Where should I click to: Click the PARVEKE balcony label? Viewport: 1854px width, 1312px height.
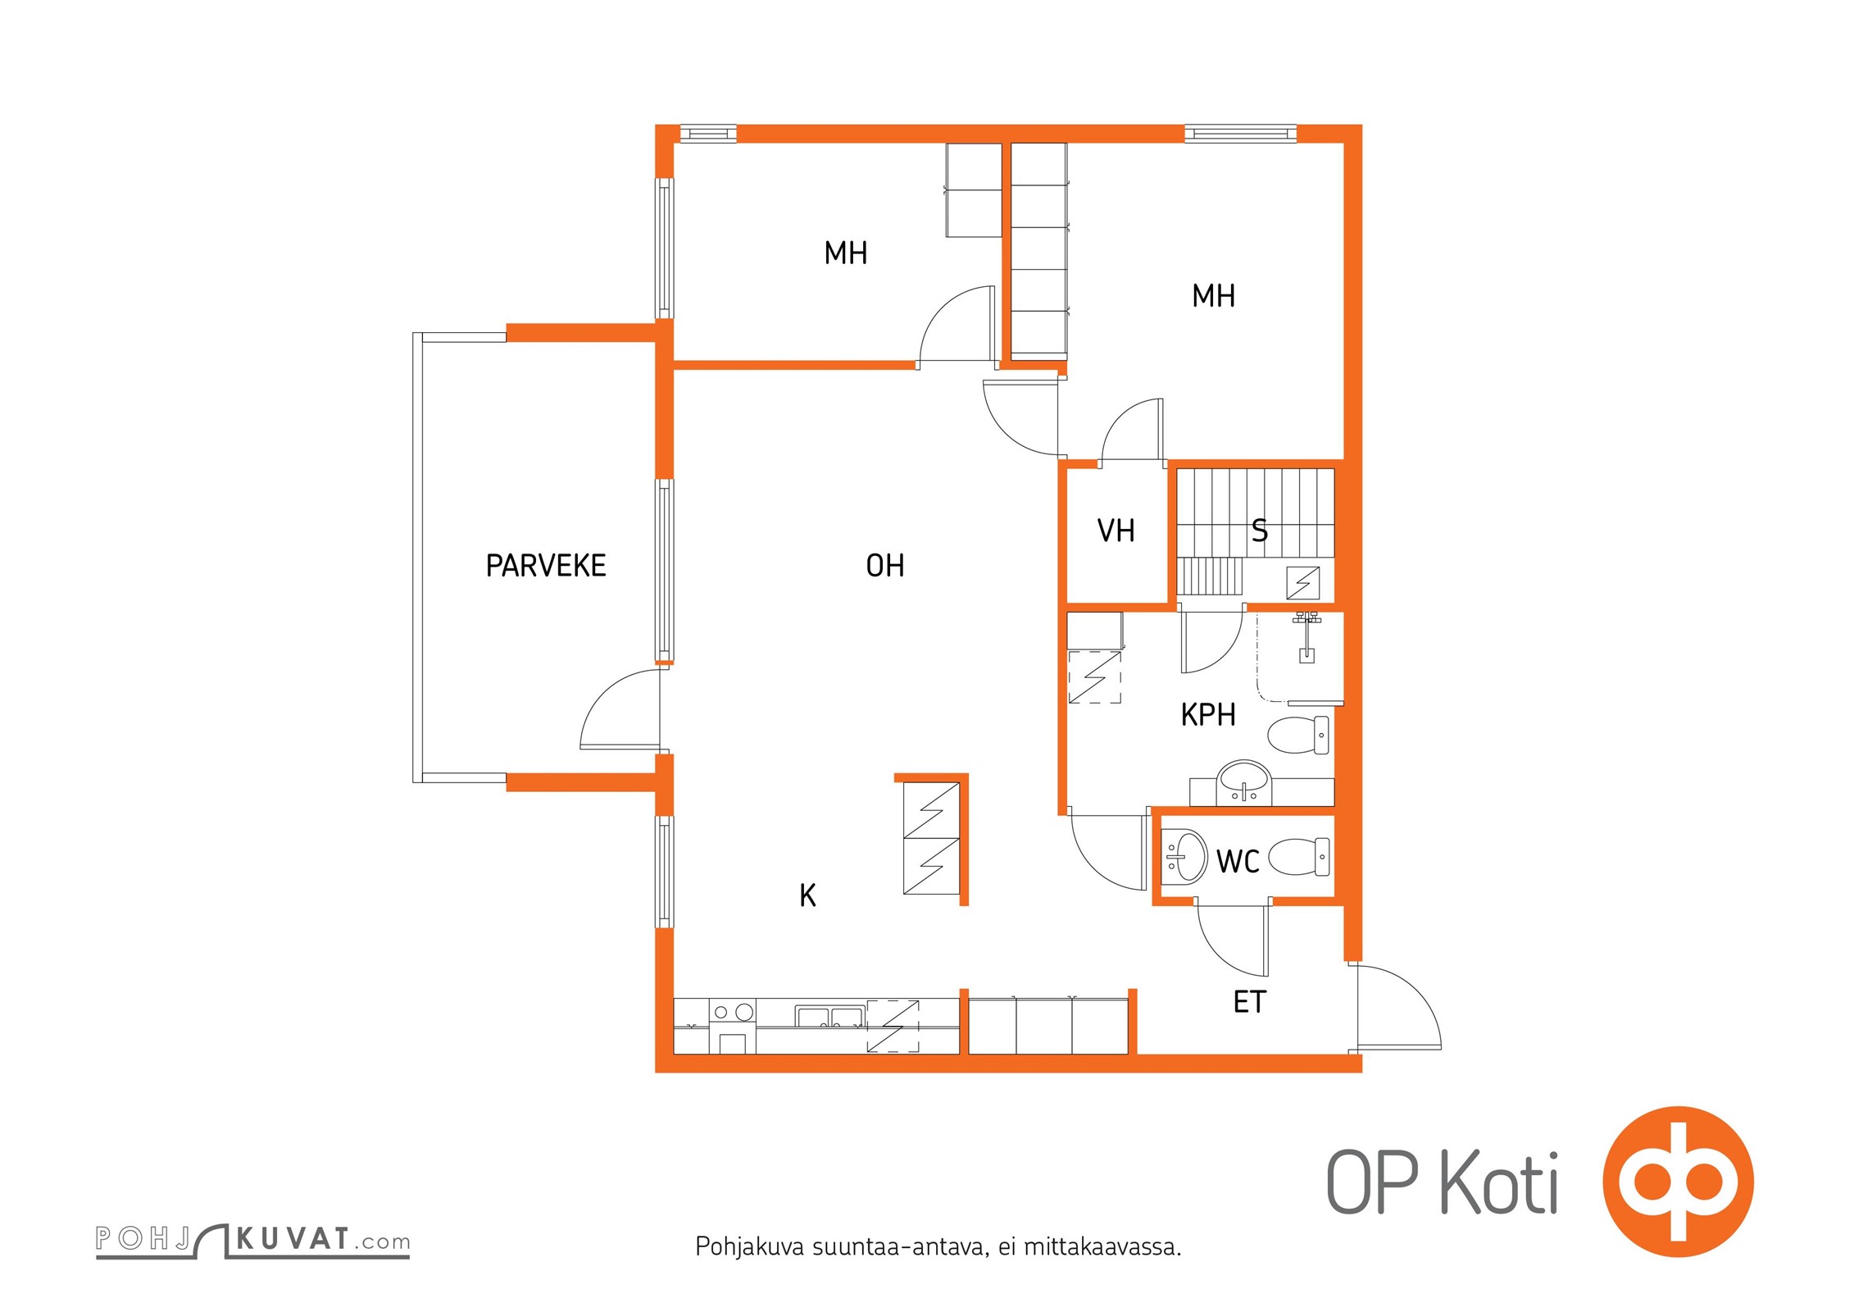point(546,566)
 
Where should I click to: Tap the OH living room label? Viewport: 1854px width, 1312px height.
point(885,566)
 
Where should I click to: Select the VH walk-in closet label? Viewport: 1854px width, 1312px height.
point(1116,531)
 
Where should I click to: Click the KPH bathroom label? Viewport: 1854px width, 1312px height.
point(1208,715)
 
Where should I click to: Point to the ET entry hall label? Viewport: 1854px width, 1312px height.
point(1250,1002)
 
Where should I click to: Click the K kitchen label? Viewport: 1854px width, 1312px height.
point(807,895)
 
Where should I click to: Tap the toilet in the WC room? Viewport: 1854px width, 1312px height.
point(1299,857)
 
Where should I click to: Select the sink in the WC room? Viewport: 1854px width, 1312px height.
point(1184,857)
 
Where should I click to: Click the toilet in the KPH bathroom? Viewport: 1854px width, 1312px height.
point(1299,735)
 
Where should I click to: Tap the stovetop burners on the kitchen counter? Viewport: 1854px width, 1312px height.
point(732,1013)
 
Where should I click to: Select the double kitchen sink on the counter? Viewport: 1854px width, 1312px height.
point(829,1017)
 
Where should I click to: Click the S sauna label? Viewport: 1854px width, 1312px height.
point(1260,531)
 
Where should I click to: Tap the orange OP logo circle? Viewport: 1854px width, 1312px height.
point(1678,1182)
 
